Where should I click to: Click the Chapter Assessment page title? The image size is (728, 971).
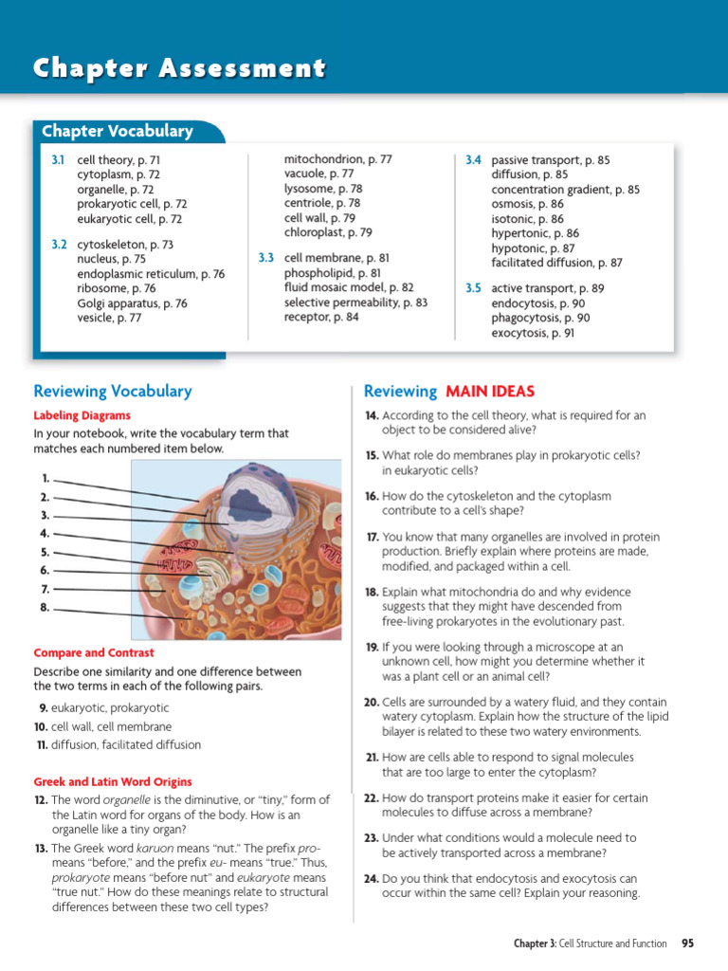(x=180, y=68)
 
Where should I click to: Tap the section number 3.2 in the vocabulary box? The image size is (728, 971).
(x=59, y=245)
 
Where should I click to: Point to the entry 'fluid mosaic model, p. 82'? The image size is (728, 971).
(x=349, y=287)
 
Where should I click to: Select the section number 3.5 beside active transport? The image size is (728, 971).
(x=473, y=288)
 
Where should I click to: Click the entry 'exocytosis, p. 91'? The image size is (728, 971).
(x=533, y=333)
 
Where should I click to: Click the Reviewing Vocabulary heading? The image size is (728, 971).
(x=112, y=391)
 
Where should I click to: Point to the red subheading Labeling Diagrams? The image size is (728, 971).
(x=82, y=415)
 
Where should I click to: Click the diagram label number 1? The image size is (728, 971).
(x=45, y=479)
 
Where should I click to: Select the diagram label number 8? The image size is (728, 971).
(x=45, y=607)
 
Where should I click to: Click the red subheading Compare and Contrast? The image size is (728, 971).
(x=94, y=653)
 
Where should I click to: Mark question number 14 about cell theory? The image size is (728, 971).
(x=372, y=415)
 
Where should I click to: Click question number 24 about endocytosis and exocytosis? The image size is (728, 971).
(x=372, y=878)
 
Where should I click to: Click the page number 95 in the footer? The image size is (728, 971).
(x=687, y=944)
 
